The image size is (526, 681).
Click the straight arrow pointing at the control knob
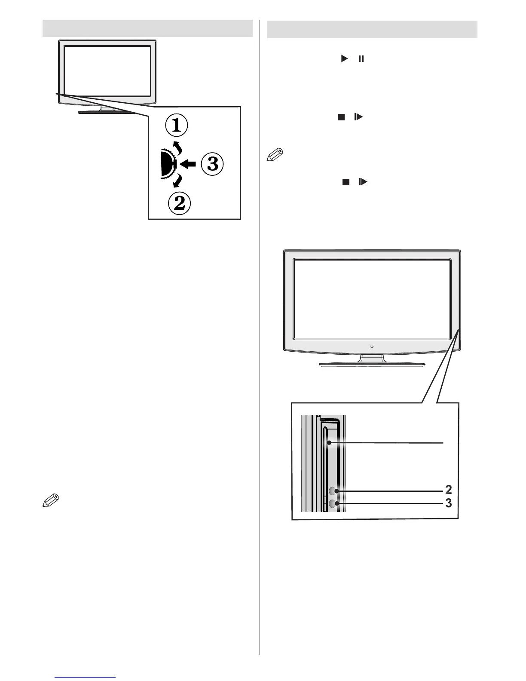coord(189,164)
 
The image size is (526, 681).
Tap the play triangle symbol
coord(344,58)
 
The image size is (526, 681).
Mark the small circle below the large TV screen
coord(372,346)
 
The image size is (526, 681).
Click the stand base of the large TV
coord(372,365)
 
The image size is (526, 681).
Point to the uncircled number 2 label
coord(449,490)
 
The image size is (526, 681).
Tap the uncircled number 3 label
coord(449,503)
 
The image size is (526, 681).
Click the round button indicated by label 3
coord(334,504)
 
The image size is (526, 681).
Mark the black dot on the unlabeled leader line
coord(329,442)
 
